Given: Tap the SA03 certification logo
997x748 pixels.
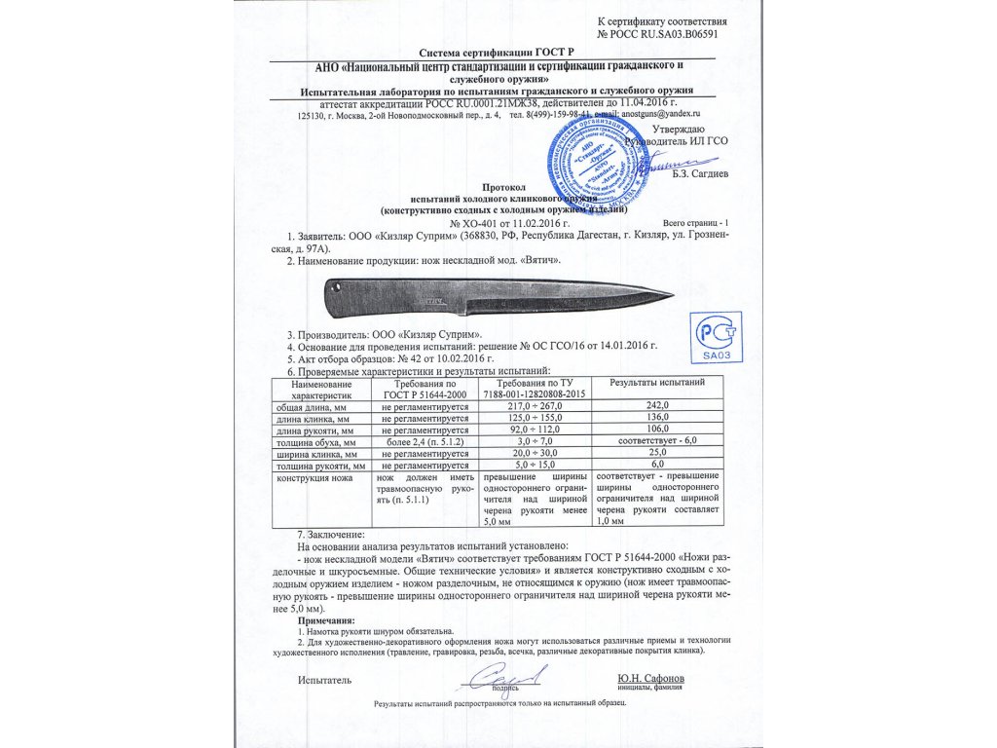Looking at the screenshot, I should pyautogui.click(x=716, y=338).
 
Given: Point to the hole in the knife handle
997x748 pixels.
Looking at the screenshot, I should pyautogui.click(x=335, y=289).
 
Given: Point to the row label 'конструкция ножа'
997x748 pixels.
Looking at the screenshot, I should pyautogui.click(x=311, y=478).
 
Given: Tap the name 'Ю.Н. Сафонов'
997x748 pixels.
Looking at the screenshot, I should pyautogui.click(x=650, y=677).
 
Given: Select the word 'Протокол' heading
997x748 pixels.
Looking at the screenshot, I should pyautogui.click(x=503, y=185).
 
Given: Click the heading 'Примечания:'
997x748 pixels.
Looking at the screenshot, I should pyautogui.click(x=326, y=620).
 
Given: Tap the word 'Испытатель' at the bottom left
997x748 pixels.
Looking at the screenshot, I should pyautogui.click(x=324, y=679).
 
